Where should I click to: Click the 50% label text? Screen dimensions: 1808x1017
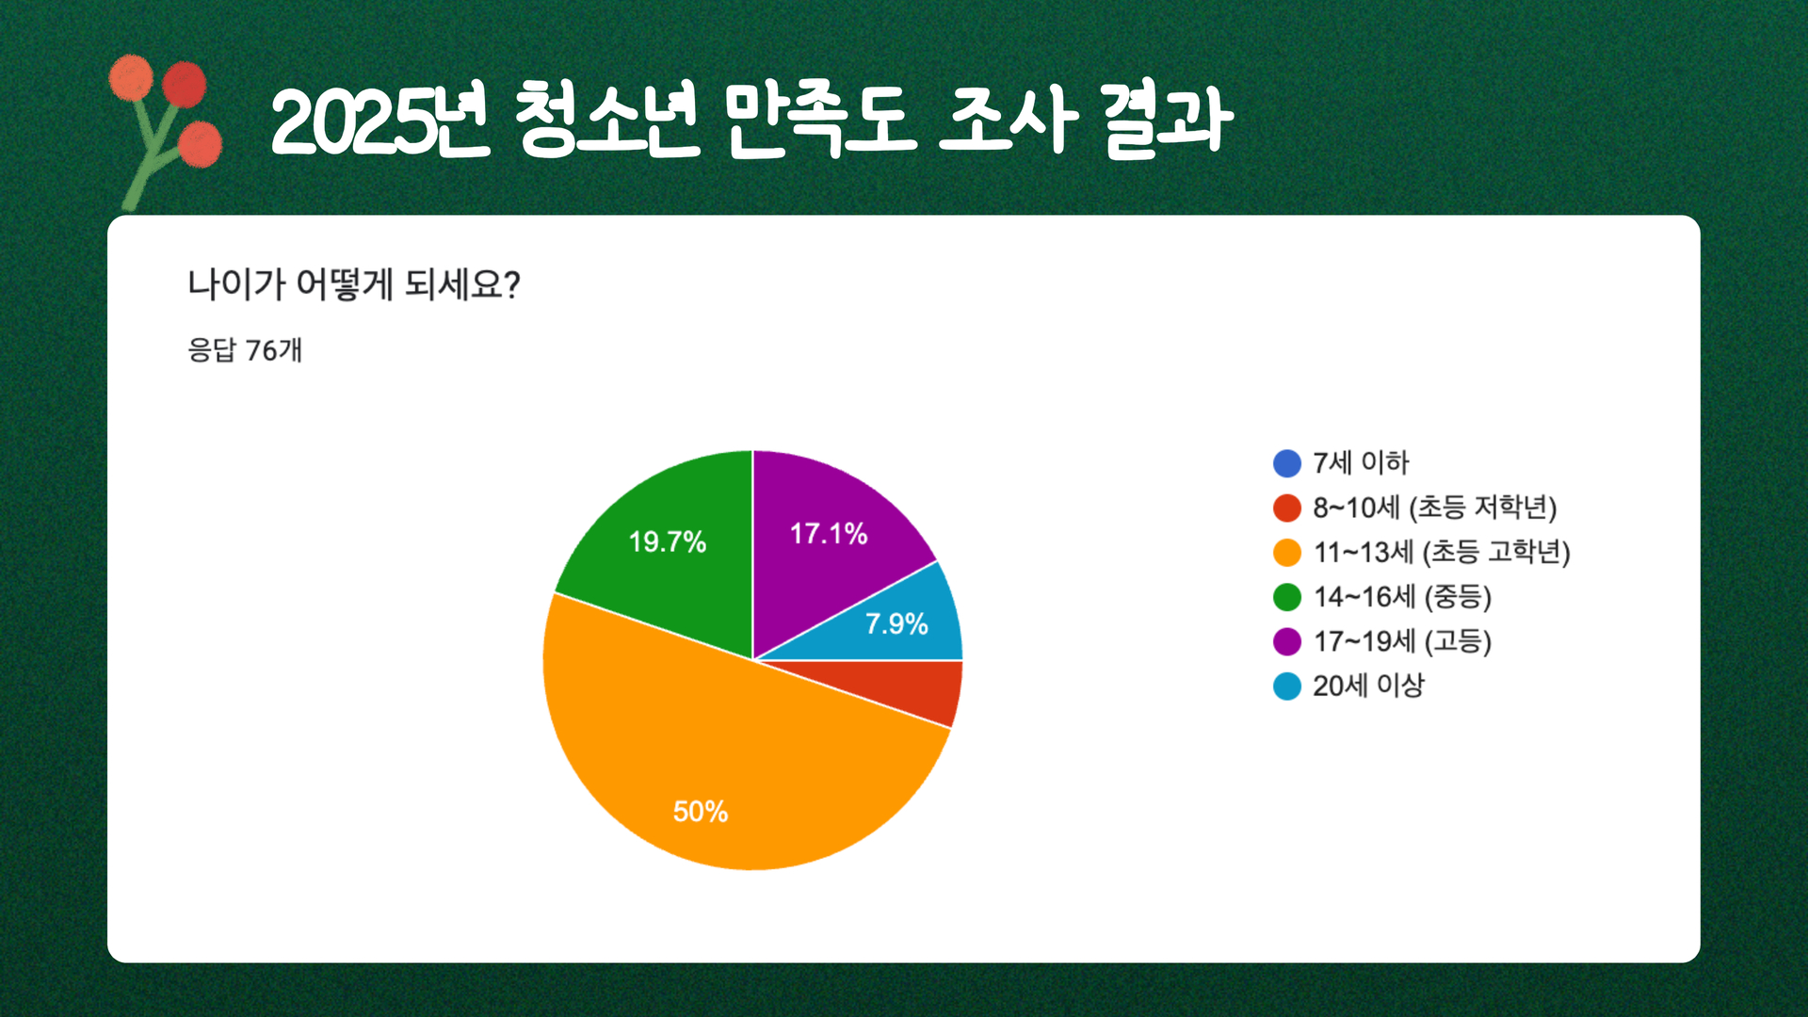(701, 812)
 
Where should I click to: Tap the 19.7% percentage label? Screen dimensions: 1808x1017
(668, 541)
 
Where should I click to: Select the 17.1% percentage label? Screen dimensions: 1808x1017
(829, 534)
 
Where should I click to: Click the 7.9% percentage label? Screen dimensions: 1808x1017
(896, 623)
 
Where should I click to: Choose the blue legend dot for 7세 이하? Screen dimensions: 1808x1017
(1287, 463)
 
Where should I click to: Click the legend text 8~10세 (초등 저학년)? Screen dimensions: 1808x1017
(1435, 508)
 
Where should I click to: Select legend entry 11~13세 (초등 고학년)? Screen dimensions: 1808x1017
(1422, 552)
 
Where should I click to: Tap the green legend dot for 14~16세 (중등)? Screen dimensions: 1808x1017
(1287, 597)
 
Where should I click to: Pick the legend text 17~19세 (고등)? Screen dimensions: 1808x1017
(1403, 641)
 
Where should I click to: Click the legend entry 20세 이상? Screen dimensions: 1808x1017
(1349, 686)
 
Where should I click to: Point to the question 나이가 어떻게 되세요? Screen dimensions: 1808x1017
(354, 284)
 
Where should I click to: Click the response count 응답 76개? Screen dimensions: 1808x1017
(245, 350)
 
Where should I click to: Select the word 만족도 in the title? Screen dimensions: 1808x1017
(819, 121)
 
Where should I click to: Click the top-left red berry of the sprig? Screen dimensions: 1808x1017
(131, 77)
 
